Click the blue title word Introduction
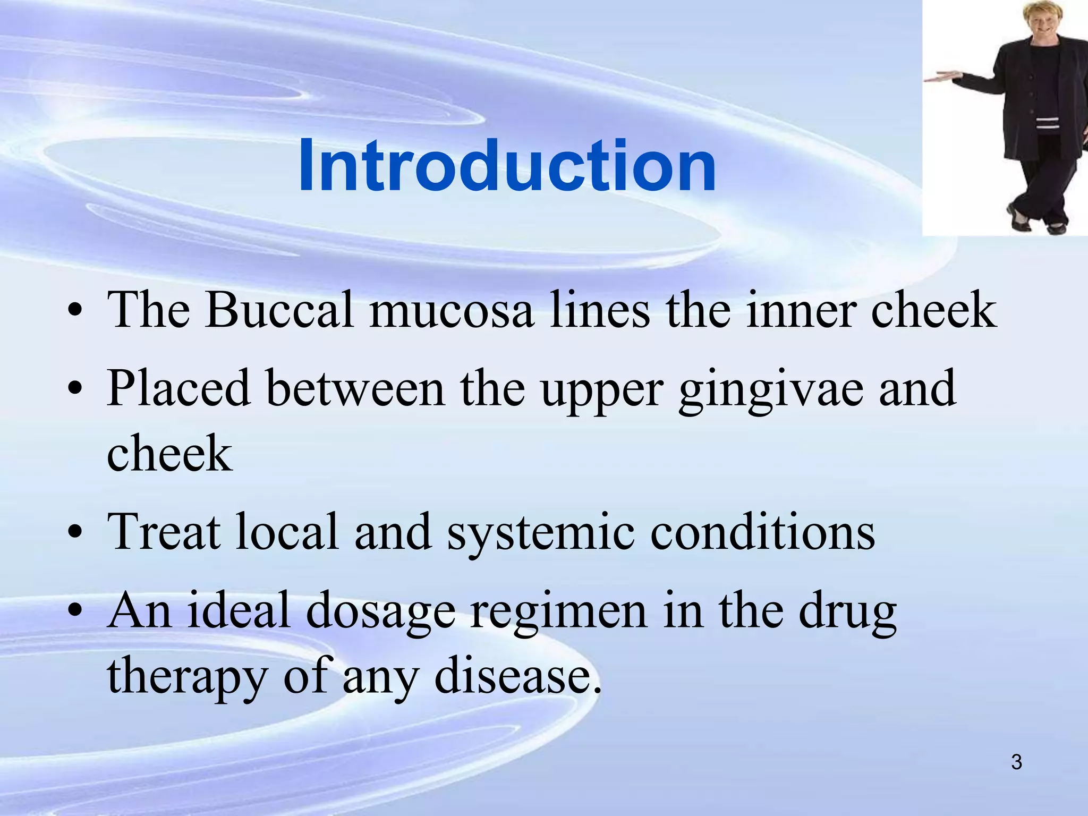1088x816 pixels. point(507,166)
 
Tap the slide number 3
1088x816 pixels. point(1016,762)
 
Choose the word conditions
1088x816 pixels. point(762,532)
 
